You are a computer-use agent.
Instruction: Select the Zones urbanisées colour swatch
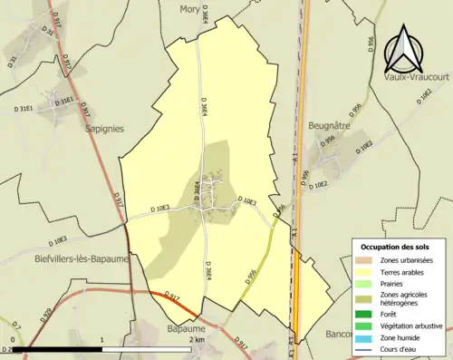pos(364,260)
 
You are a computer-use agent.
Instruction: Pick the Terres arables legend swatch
pos(364,271)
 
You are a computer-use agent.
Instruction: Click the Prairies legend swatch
pos(364,282)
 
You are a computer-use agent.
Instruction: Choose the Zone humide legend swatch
pos(364,336)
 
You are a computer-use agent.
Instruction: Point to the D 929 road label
pos(44,316)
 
